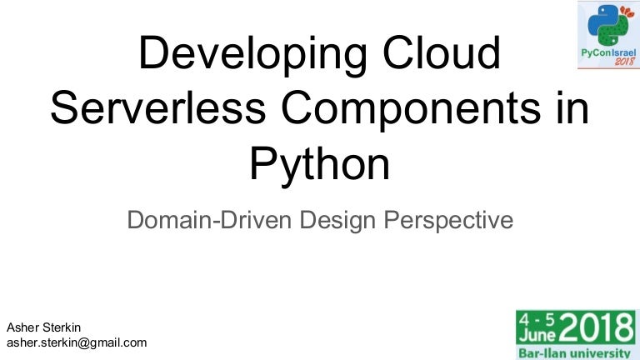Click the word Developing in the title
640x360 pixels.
253,55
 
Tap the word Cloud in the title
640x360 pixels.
441,52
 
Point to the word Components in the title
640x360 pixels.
411,110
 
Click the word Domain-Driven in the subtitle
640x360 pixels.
209,220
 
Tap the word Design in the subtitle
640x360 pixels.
337,221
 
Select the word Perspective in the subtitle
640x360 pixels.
448,221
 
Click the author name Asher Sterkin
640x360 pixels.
43,327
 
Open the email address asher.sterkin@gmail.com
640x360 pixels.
77,342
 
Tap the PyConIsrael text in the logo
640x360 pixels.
608,53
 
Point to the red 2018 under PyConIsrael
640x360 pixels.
625,62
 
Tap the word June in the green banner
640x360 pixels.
537,335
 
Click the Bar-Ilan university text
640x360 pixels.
575,352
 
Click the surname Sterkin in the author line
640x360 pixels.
62,327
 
